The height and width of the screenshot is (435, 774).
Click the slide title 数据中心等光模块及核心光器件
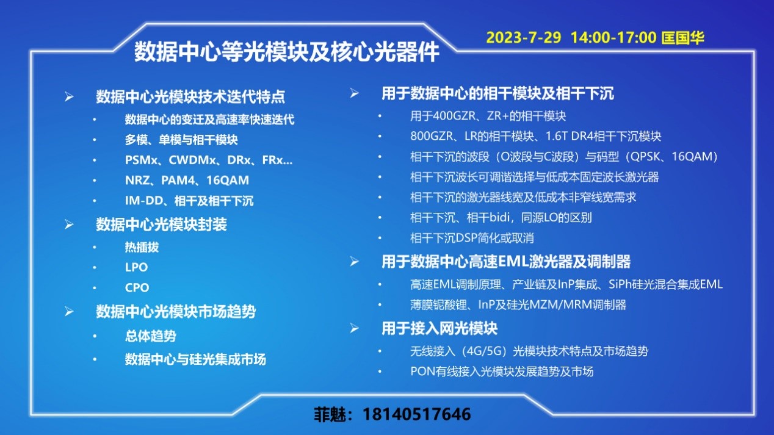(286, 52)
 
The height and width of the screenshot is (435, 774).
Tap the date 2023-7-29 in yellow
(524, 38)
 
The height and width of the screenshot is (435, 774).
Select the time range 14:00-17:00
(613, 38)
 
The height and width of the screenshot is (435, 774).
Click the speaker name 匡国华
(682, 38)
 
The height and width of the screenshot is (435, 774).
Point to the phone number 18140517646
(417, 414)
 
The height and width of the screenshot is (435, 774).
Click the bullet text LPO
(137, 267)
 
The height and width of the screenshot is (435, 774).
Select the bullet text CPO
(137, 287)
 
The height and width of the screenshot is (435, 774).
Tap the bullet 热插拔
(142, 247)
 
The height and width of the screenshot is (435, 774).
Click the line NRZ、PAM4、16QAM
(187, 180)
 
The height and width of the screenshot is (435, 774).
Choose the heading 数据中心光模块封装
(161, 225)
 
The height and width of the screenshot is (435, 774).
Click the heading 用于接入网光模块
(439, 328)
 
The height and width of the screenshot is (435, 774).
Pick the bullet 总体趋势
(150, 336)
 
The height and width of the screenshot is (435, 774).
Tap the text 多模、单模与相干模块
(181, 140)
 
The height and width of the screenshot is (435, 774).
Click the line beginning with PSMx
(209, 160)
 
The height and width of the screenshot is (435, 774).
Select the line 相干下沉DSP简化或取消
(472, 238)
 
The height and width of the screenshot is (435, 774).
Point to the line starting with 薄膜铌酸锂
(518, 305)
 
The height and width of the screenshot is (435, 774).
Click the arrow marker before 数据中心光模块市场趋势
(69, 312)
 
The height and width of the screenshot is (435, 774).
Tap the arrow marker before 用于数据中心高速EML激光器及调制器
(354, 262)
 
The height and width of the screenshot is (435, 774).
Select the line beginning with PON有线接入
(502, 372)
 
